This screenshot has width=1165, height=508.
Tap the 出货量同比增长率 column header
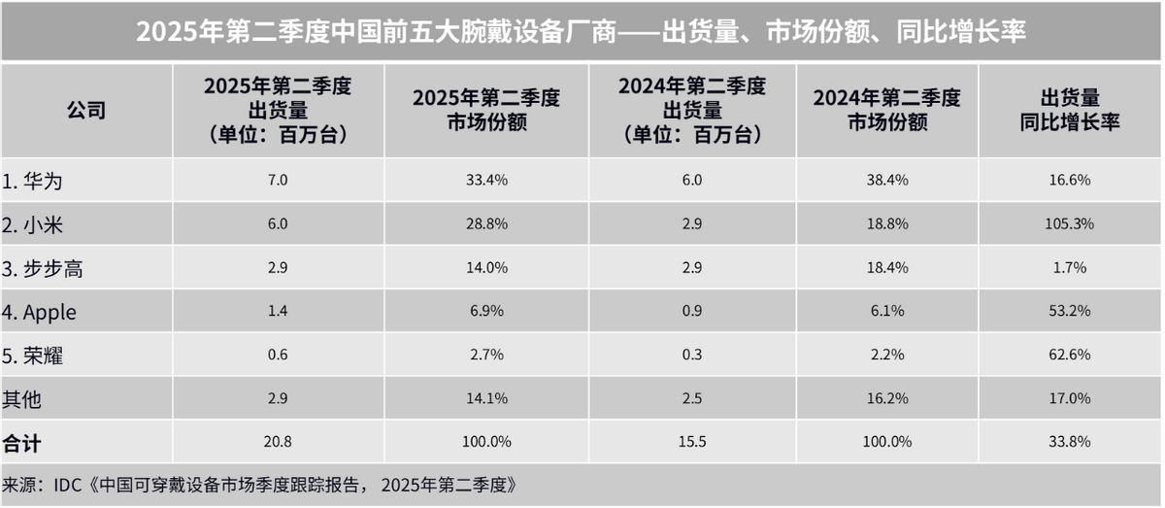pyautogui.click(x=1070, y=110)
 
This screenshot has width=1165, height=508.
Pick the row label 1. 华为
pyautogui.click(x=39, y=181)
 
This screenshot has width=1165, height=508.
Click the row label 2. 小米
pyautogui.click(x=39, y=224)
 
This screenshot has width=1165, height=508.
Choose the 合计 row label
pyautogui.click(x=23, y=443)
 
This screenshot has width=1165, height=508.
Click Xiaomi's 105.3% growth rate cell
pyautogui.click(x=1070, y=223)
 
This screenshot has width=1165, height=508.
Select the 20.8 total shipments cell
pyautogui.click(x=278, y=442)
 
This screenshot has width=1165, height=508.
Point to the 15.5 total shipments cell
pyautogui.click(x=693, y=442)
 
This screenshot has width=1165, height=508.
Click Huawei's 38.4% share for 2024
pyautogui.click(x=885, y=181)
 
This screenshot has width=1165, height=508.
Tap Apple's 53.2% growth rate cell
pyautogui.click(x=1070, y=311)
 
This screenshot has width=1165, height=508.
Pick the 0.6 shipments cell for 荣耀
pyautogui.click(x=278, y=355)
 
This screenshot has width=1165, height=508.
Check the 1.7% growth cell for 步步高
pyautogui.click(x=1070, y=267)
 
